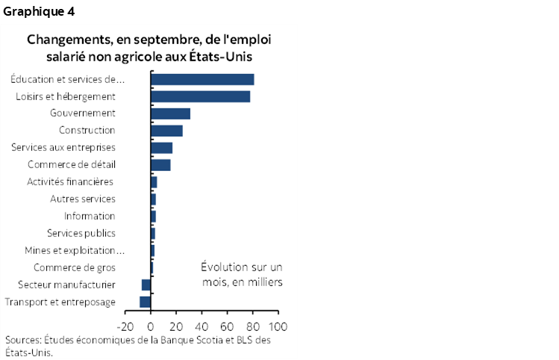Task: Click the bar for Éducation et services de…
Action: pos(202,79)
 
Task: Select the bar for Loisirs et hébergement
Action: pos(200,96)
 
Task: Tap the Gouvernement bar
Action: pos(170,114)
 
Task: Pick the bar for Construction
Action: pos(166,131)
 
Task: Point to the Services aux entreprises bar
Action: pos(161,147)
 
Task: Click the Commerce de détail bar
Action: pos(160,164)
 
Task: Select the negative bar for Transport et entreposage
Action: pos(145,302)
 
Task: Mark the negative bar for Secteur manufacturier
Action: pos(146,285)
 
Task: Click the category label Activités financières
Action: pos(69,181)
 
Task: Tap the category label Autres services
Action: pos(82,199)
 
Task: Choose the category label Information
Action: pos(90,216)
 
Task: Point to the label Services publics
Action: pos(81,233)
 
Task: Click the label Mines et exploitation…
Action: pos(74,250)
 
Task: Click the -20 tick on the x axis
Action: pos(124,326)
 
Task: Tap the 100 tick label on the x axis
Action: pos(278,326)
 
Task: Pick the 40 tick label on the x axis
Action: pos(202,326)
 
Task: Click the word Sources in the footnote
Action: pos(22,340)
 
